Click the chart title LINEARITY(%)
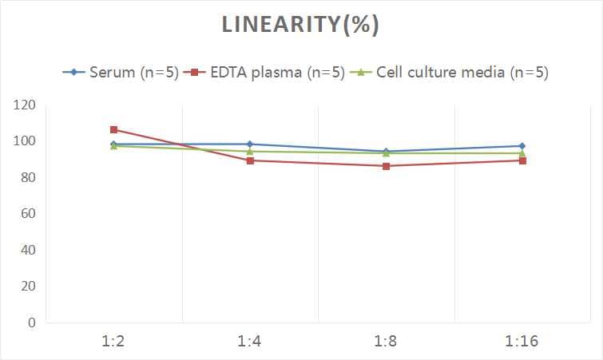point(300,25)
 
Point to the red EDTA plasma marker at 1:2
point(114,129)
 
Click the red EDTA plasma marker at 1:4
point(250,160)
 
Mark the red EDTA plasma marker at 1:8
point(386,166)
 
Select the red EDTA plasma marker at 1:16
point(522,160)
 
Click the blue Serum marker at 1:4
point(250,144)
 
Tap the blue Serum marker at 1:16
point(522,146)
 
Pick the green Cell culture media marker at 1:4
point(250,151)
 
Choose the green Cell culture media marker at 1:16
point(522,153)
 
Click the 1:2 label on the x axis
point(114,342)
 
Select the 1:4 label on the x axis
point(250,342)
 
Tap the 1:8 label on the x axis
point(386,342)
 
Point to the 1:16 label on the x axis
point(522,342)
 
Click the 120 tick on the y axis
point(25,105)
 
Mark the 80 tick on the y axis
point(28,177)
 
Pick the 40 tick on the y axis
point(28,250)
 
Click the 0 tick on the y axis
point(32,322)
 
